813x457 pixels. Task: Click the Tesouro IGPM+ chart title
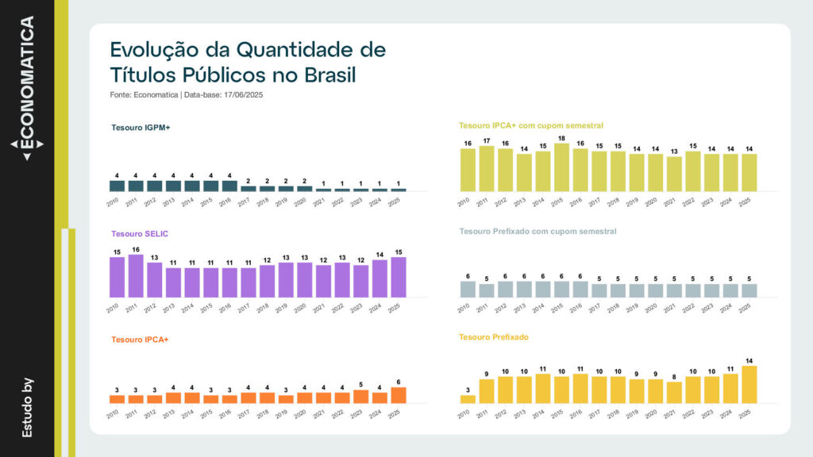click(x=141, y=127)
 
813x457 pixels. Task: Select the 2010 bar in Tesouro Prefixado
click(x=468, y=399)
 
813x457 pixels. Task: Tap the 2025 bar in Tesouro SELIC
click(x=399, y=277)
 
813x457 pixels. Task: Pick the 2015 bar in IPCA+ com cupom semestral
click(x=561, y=167)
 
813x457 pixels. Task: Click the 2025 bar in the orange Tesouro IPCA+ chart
click(x=399, y=395)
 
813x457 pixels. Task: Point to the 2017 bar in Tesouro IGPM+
click(x=249, y=189)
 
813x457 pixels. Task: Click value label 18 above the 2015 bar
click(x=561, y=139)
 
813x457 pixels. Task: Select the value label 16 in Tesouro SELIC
click(x=135, y=249)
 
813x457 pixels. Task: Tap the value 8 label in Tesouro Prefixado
click(x=674, y=377)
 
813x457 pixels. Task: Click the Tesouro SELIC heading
click(x=140, y=233)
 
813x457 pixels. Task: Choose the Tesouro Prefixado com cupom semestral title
click(x=538, y=232)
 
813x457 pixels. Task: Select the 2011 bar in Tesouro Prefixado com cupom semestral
click(x=487, y=290)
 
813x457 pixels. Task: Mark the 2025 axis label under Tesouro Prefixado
click(x=745, y=414)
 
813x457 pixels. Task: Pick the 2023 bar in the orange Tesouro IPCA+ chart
click(x=361, y=397)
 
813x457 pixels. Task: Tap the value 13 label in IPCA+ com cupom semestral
click(x=674, y=152)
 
